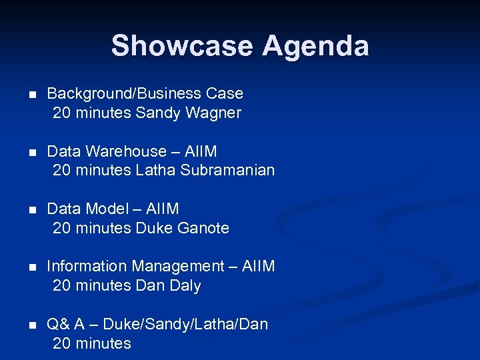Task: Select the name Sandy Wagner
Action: point(188,113)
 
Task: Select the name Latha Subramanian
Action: point(205,170)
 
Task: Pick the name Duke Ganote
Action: point(182,228)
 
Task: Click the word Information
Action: point(87,266)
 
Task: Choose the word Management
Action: point(178,266)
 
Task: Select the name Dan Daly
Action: point(168,285)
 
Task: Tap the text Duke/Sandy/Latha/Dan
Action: point(185,324)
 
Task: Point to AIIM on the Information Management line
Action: point(259,266)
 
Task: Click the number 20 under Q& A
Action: point(61,343)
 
